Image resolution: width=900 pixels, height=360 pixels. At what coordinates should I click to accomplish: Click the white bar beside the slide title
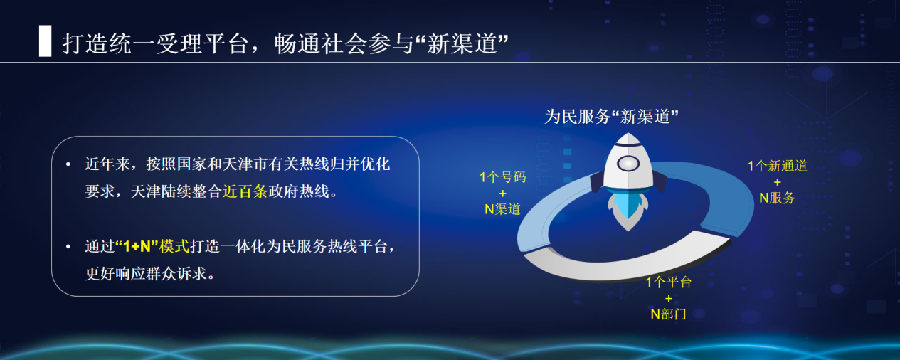tap(45, 41)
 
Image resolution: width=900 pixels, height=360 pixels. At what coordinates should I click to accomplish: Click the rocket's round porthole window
tap(628, 164)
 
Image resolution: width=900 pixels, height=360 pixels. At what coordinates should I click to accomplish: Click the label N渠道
tap(502, 209)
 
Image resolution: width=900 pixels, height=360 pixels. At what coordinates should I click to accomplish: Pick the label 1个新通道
tap(777, 166)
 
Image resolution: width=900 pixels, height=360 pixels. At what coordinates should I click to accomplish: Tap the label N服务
tap(777, 198)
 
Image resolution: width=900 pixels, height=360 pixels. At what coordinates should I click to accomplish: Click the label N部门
tap(668, 314)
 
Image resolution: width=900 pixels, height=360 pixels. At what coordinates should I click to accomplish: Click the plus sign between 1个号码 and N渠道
tap(502, 194)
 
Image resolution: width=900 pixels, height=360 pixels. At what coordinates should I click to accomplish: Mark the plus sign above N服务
tap(777, 182)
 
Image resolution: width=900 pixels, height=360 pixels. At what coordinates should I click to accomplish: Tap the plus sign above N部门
tap(668, 298)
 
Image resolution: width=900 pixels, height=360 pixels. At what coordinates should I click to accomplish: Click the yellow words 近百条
tap(244, 192)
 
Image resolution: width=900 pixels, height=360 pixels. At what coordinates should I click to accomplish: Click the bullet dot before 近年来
tap(68, 165)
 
